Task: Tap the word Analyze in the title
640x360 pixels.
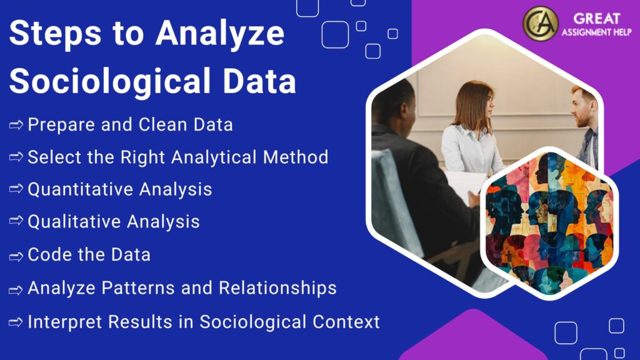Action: (220, 35)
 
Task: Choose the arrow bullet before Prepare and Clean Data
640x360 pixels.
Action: (16, 125)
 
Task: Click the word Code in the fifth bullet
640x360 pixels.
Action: (47, 255)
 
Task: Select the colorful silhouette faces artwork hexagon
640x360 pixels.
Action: (549, 224)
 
